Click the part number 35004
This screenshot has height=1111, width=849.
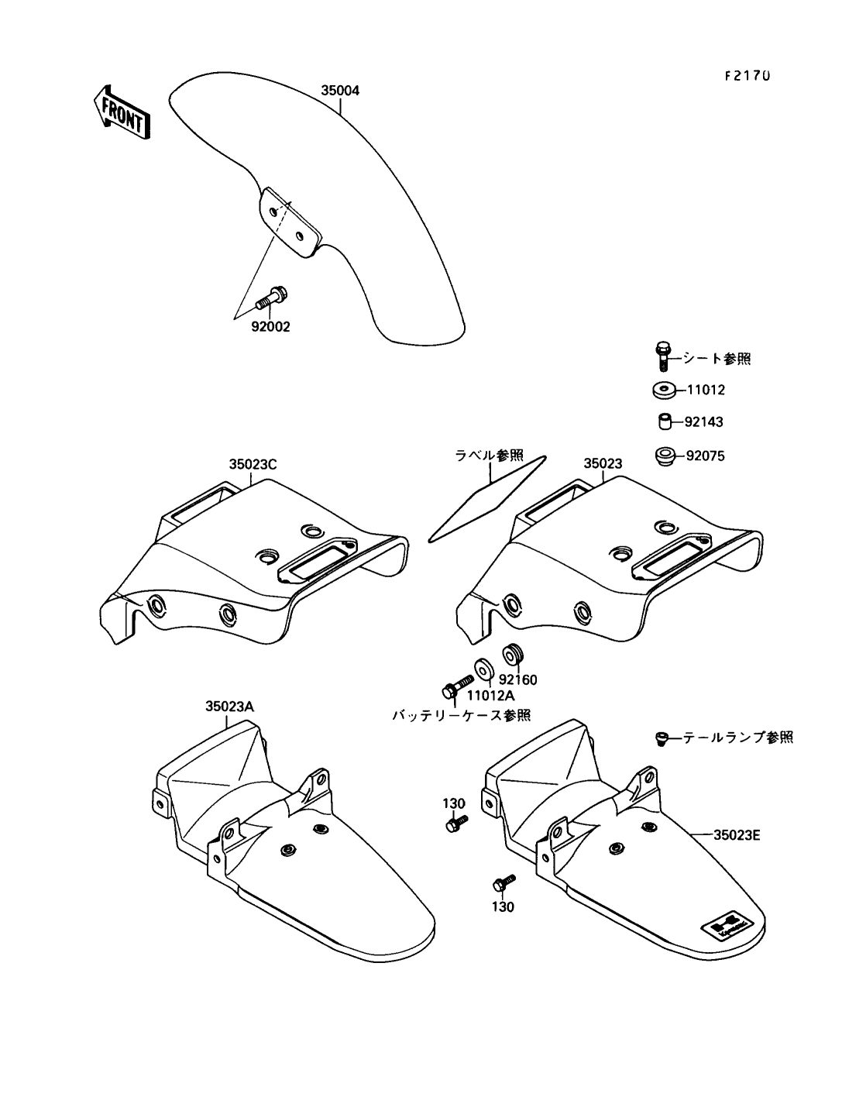pos(340,90)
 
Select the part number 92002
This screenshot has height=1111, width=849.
pos(270,327)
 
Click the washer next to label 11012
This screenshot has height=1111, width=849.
pos(662,390)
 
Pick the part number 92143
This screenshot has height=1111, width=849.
pos(703,423)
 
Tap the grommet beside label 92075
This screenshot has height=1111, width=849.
pos(665,456)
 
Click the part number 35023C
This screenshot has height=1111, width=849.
pos(253,465)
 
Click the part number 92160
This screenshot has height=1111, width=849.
pos(518,679)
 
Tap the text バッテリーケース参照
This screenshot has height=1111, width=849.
pos(461,714)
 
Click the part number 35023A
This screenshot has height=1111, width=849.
pos(229,706)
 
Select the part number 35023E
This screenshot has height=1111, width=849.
pos(737,834)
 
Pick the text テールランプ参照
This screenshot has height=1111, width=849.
pos(737,738)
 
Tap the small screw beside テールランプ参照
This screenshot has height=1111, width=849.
pos(661,738)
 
